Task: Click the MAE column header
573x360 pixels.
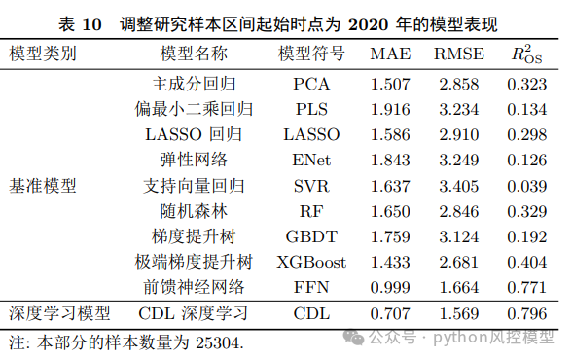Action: pos(390,53)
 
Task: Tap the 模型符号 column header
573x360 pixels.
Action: pos(311,53)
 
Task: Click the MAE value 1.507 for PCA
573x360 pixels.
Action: pos(390,84)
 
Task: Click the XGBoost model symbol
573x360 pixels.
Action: pos(311,261)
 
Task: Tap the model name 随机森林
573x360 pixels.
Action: pos(195,210)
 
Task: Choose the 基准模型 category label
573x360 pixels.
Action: pos(43,185)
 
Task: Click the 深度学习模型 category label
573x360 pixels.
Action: pos(59,313)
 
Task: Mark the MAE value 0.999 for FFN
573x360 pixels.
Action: pos(390,286)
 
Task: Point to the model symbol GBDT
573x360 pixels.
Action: pos(311,235)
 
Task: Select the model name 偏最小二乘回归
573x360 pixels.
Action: pos(195,109)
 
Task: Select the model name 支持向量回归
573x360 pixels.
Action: pos(195,185)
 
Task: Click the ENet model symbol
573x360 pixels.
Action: pos(311,160)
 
